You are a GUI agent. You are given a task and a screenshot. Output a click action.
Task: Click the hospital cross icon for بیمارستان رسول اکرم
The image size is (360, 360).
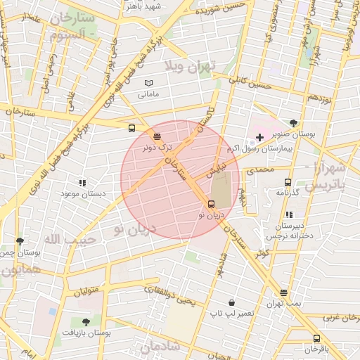[259, 136]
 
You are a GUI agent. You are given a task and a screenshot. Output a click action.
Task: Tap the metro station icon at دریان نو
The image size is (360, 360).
[211, 205]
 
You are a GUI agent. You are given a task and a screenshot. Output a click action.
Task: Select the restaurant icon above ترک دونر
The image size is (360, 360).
[156, 136]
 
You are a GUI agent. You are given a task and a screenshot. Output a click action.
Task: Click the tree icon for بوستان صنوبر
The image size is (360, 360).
[293, 122]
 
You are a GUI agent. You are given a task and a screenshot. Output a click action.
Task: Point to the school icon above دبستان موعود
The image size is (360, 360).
[83, 182]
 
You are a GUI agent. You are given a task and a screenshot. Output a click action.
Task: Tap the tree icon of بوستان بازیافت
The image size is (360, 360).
[86, 322]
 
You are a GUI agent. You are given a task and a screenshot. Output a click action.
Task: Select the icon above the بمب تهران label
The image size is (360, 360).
[283, 292]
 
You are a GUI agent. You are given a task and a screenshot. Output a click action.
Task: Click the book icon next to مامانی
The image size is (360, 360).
[148, 84]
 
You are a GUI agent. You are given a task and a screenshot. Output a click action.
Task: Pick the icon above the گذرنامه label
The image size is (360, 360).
[288, 181]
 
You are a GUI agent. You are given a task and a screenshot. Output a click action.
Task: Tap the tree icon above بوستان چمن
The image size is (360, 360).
[20, 241]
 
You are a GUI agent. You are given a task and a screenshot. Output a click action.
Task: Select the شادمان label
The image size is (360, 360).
[161, 347]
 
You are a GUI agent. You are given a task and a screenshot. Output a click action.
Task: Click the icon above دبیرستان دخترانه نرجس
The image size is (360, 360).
[288, 214]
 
